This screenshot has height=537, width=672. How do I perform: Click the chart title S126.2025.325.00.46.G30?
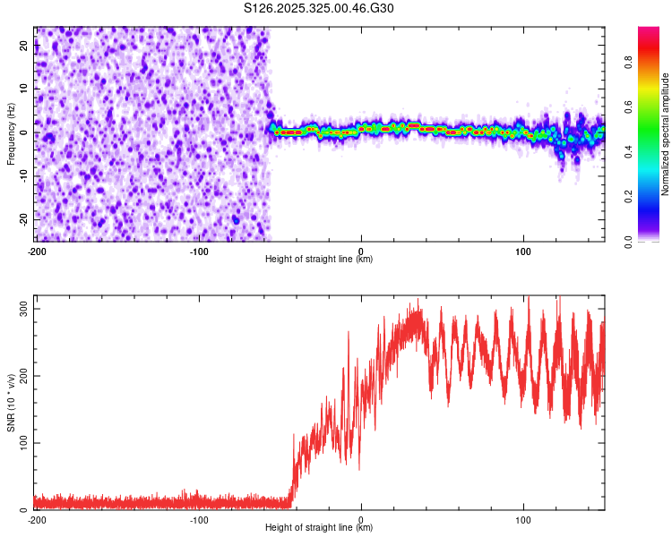pos(319,9)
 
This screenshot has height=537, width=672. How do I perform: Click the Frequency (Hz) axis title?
pos(11,134)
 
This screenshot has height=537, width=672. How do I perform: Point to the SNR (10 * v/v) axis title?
pos(11,403)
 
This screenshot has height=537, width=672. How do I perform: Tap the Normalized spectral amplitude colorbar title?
pos(665,134)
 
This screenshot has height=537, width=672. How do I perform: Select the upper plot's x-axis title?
pos(319,259)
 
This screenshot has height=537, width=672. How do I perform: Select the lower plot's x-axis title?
pos(319,527)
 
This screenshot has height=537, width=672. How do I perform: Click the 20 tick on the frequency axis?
pos(24,47)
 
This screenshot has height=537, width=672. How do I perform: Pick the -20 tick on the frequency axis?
pos(22,218)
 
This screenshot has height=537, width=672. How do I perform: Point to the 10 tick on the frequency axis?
pos(24,89)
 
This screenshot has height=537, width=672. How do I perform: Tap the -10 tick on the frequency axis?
pos(22,175)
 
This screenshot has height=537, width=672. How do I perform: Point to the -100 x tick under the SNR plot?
pos(198,520)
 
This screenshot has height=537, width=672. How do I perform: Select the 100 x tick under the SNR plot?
pos(523,520)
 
